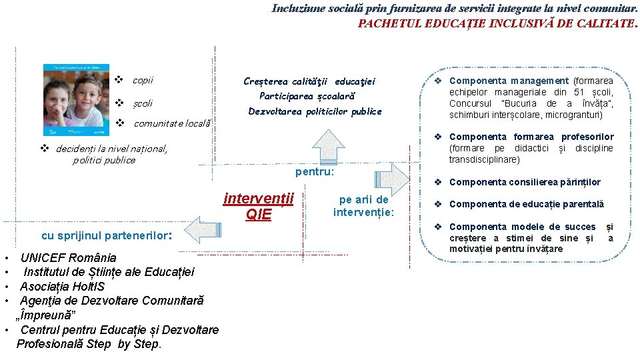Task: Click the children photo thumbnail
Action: (75, 101)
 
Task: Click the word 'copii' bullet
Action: (143, 80)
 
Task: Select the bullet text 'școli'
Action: (142, 103)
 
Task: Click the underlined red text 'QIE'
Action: (259, 214)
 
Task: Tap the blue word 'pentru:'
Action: (314, 172)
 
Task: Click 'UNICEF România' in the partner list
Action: (68, 257)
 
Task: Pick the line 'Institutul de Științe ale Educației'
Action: (109, 271)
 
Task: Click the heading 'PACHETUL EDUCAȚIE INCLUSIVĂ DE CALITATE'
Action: (496, 23)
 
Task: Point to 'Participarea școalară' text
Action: (307, 96)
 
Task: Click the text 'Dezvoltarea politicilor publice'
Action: (315, 111)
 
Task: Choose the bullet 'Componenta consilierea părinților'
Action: (525, 182)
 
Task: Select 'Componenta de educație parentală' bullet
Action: (526, 204)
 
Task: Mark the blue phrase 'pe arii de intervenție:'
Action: (364, 206)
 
